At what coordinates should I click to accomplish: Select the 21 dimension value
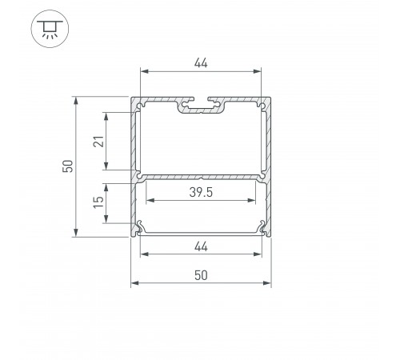point(97,141)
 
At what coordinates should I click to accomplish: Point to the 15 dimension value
point(97,203)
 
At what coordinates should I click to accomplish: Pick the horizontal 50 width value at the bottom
point(201,274)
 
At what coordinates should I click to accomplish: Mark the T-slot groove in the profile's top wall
point(201,105)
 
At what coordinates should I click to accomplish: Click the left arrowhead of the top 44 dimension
point(145,71)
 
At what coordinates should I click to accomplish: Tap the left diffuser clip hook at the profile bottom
point(142,228)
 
